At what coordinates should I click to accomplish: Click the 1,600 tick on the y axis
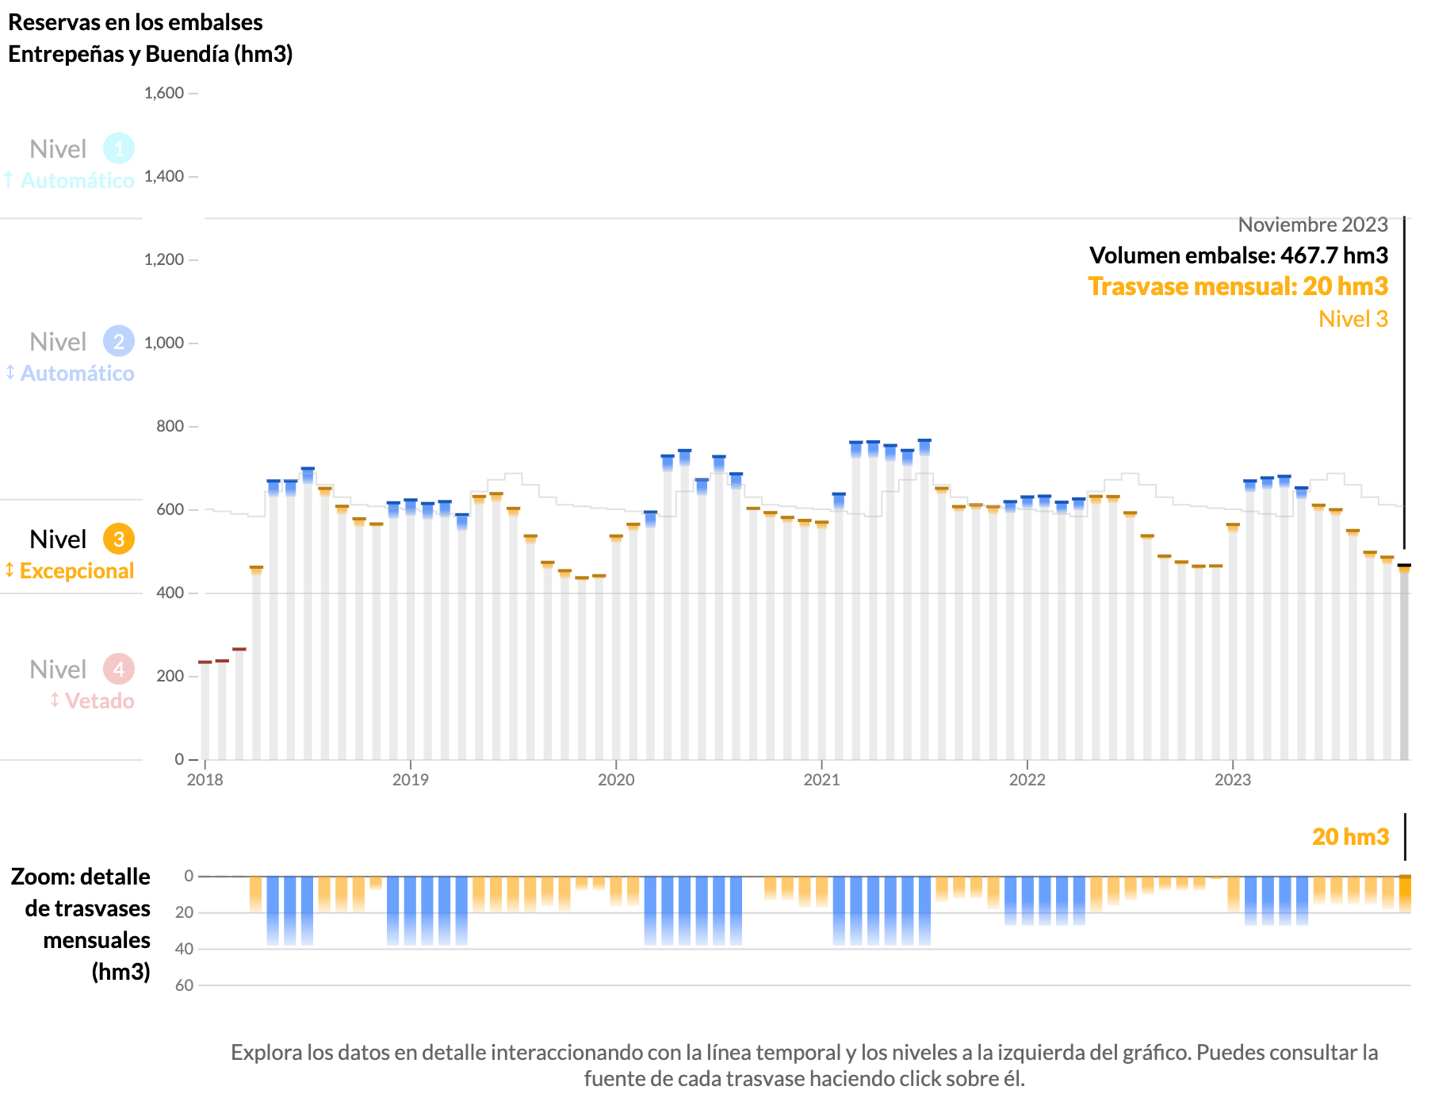[x=164, y=94]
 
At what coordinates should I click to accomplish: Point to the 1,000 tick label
[x=164, y=343]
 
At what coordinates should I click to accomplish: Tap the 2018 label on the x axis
[x=205, y=780]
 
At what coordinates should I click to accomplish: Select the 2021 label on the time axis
[x=821, y=780]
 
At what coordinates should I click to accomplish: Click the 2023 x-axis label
[x=1233, y=780]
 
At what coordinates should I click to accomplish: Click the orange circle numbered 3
[x=119, y=539]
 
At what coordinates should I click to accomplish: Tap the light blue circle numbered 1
[x=119, y=148]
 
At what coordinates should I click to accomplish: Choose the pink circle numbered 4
[x=119, y=670]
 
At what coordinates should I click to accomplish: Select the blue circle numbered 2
[x=119, y=342]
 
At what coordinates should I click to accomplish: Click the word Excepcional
[x=77, y=571]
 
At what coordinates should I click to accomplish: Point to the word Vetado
[x=99, y=701]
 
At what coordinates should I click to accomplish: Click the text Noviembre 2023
[x=1313, y=225]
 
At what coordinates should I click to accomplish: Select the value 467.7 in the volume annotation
[x=1309, y=255]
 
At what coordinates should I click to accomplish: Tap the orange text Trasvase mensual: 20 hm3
[x=1238, y=286]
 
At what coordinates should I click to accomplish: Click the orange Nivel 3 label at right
[x=1353, y=319]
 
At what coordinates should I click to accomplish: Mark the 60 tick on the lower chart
[x=184, y=985]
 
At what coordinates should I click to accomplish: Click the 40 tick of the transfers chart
[x=184, y=949]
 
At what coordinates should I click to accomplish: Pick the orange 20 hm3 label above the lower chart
[x=1350, y=837]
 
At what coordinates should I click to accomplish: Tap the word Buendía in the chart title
[x=187, y=54]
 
